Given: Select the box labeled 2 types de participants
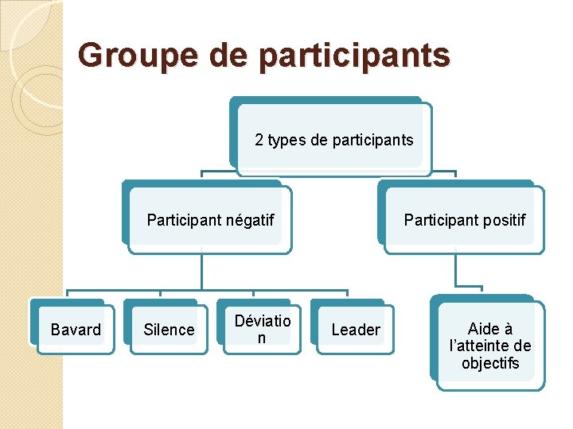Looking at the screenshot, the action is pos(334,140).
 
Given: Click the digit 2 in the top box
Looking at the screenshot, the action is pos(259,141).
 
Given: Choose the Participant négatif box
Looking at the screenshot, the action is pos(210,220).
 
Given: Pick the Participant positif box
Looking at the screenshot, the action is pos(464,220).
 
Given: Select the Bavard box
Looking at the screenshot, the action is pos(76,330).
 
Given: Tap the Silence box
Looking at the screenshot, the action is pos(169,330).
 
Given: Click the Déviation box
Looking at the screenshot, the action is pos(263,330).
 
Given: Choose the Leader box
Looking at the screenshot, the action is pos(355,330).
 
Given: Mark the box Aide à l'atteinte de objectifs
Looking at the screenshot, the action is pos(490,346).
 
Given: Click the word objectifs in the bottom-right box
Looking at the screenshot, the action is pos(490,363).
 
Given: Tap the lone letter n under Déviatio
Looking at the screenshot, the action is pos(262,338).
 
